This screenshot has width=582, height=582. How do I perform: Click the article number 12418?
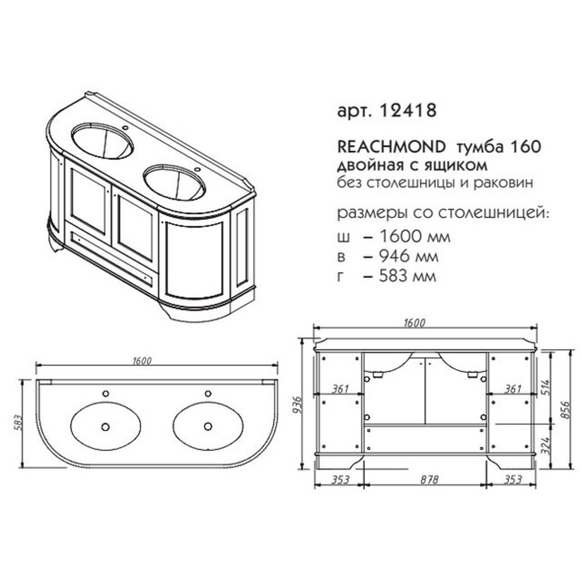click(x=408, y=110)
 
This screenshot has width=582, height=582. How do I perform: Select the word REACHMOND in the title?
click(x=391, y=147)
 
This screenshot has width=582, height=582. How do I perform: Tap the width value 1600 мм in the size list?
click(x=414, y=237)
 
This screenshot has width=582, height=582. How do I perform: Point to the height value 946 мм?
click(x=409, y=257)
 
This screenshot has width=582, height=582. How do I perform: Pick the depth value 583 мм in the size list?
click(x=407, y=276)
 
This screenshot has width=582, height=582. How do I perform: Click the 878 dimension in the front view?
click(x=430, y=480)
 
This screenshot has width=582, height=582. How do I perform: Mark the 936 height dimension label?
click(x=297, y=405)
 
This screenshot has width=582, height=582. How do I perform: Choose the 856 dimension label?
click(x=565, y=410)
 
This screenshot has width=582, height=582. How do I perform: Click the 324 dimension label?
click(x=546, y=446)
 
